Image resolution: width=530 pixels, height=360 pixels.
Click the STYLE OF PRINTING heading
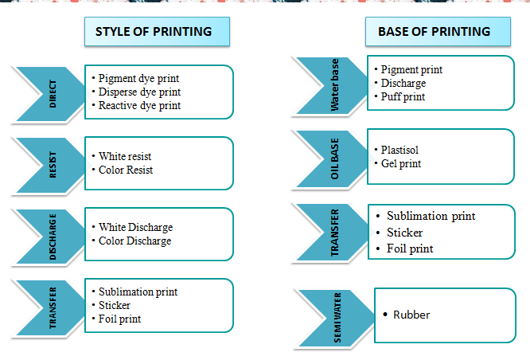(154, 32)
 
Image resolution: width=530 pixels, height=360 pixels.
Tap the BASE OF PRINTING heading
(434, 32)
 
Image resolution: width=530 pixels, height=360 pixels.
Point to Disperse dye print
(139, 92)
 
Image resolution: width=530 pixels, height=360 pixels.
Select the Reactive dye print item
(139, 104)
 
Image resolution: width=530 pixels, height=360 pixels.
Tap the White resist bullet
(125, 156)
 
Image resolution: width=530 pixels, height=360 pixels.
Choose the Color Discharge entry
(134, 241)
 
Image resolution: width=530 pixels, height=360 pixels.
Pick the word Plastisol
(399, 150)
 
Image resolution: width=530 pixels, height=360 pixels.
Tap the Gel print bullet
(401, 163)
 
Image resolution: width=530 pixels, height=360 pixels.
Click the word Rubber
(411, 315)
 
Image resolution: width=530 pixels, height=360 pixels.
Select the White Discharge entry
(135, 227)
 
